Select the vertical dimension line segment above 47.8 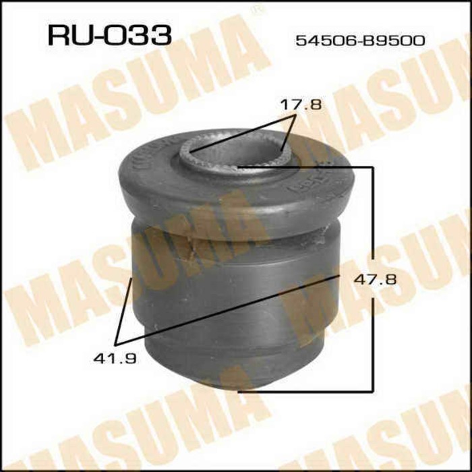coord(372,216)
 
